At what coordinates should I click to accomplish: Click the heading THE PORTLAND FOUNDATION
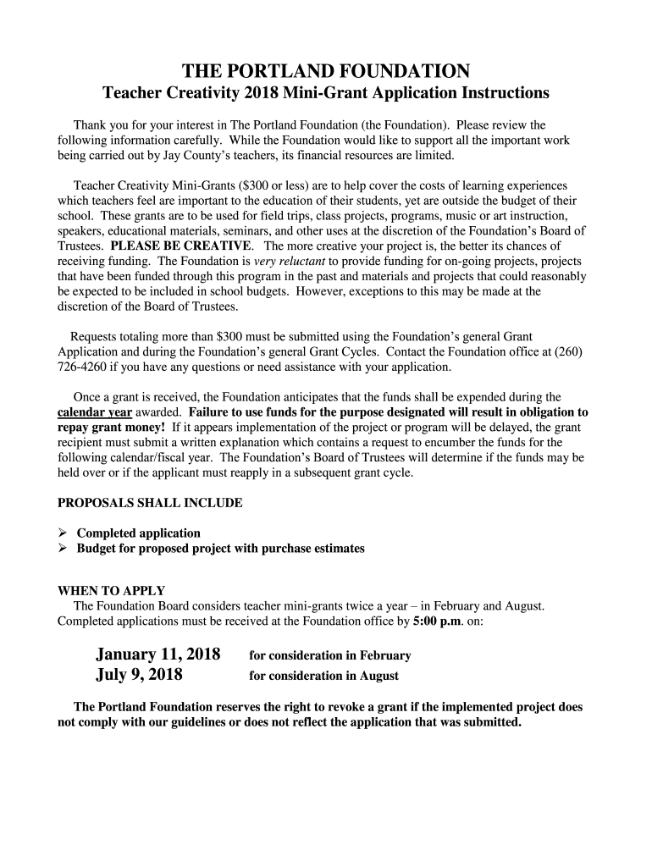(326, 69)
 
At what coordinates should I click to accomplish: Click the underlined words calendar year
(94, 412)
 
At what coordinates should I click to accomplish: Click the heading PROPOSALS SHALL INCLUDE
(150, 503)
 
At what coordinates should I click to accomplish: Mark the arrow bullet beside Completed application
(64, 533)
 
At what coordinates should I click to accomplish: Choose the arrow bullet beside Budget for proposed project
(64, 549)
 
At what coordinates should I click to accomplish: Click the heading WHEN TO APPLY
(111, 591)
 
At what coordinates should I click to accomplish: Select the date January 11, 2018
(158, 654)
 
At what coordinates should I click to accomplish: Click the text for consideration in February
(329, 655)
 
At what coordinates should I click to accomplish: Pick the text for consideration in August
(323, 676)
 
